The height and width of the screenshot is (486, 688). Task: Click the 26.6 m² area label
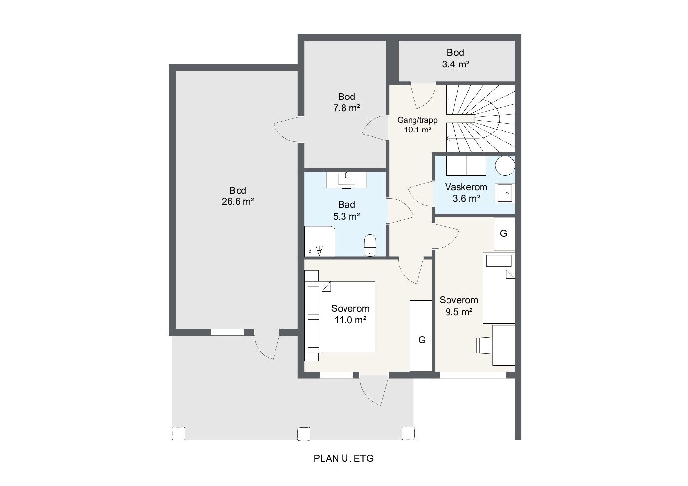point(238,201)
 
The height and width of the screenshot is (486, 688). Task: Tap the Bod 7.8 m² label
point(346,102)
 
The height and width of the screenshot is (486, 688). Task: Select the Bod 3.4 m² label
point(455,58)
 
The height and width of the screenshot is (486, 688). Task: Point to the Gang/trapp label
point(417,120)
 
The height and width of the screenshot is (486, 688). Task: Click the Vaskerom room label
point(466,187)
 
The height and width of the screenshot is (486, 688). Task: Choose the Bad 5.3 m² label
point(346,210)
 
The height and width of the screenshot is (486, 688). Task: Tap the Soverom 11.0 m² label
point(350,314)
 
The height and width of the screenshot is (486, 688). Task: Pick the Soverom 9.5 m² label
point(458,306)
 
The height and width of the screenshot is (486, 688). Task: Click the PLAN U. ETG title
point(344,458)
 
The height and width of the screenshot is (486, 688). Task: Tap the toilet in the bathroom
point(370,245)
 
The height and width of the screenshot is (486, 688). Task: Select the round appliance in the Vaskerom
point(505,165)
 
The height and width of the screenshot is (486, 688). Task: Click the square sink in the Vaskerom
point(505,193)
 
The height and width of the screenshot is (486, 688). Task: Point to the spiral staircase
point(480,119)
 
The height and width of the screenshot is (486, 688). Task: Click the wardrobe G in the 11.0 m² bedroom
point(421,336)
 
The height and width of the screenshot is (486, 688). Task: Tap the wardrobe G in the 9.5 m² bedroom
point(504,233)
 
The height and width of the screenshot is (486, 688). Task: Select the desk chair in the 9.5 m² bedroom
point(484,345)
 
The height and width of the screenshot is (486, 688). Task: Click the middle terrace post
point(304,433)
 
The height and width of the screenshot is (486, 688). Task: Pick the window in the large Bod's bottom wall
point(227,332)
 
